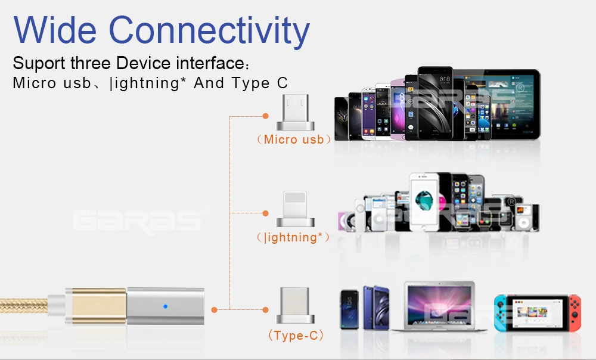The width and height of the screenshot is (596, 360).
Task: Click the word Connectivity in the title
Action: tap(209, 31)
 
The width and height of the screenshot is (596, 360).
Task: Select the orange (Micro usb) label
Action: tap(294, 139)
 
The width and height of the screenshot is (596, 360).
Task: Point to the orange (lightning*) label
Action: tap(293, 237)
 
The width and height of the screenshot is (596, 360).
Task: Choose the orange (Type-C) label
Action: tap(296, 336)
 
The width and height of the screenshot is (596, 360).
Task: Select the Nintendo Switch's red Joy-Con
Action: tap(573, 313)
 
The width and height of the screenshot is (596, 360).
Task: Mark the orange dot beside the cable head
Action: tap(214, 309)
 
